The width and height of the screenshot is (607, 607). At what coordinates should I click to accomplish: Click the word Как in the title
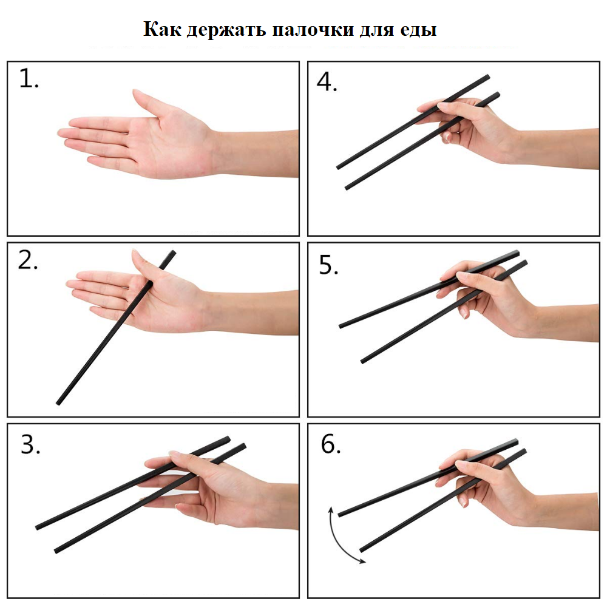pos(162,29)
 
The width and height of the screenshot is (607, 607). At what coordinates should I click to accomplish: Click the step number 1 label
pos(29,78)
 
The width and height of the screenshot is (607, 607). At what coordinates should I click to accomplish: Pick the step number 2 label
pos(28,260)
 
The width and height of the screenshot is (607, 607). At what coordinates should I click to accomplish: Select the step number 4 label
pos(327,82)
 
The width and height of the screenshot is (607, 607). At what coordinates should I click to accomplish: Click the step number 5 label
pos(328,265)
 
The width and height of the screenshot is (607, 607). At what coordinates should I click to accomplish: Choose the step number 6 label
pos(331,444)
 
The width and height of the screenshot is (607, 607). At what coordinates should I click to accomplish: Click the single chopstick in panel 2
pos(116,328)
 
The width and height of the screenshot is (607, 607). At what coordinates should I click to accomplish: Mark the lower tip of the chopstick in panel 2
pos(58,404)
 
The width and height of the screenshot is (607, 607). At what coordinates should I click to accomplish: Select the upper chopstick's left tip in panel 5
pos(341,327)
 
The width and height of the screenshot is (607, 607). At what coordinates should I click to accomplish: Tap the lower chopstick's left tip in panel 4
pos(347,188)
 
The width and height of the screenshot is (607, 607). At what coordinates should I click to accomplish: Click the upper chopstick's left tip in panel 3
pos(37,527)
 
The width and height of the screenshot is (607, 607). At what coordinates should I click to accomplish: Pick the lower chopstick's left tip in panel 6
pos(361,550)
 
